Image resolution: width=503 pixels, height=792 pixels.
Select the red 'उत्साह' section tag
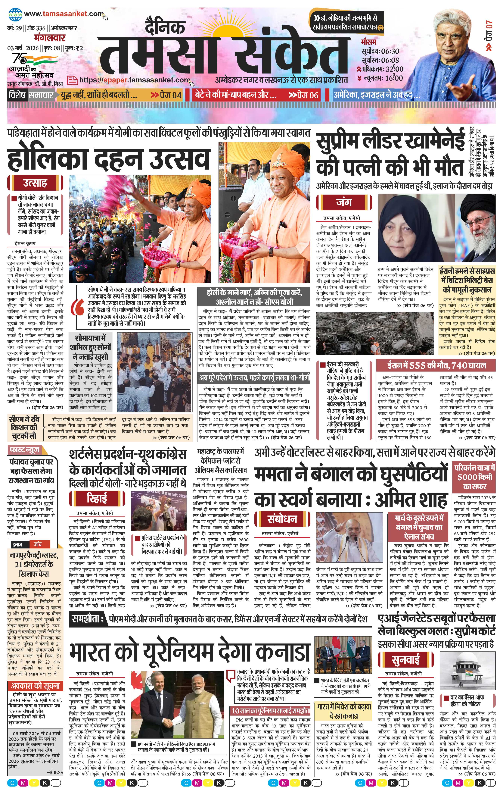35,183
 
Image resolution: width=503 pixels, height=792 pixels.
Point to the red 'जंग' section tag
344,202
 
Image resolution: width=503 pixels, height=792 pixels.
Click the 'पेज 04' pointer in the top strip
166,95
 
